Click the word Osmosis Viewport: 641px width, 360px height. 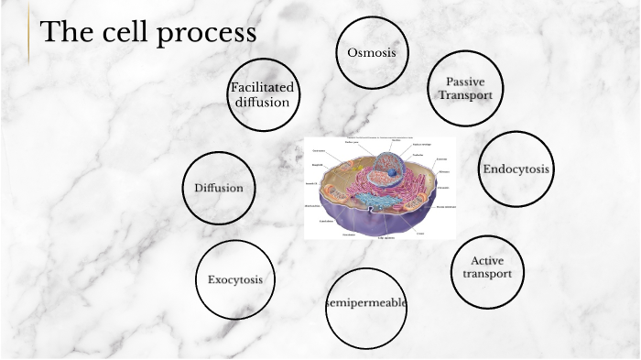click(x=371, y=52)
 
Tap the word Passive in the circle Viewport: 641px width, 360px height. click(x=464, y=82)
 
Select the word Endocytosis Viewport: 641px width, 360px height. click(x=516, y=169)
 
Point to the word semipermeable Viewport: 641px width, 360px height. click(x=366, y=303)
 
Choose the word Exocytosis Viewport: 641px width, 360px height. click(x=235, y=279)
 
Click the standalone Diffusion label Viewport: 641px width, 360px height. click(x=218, y=189)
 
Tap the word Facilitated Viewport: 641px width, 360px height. click(x=262, y=87)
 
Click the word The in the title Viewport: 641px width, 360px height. click(x=64, y=33)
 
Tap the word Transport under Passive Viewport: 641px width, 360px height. click(x=464, y=94)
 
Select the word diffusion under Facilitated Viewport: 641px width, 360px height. click(x=262, y=102)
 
